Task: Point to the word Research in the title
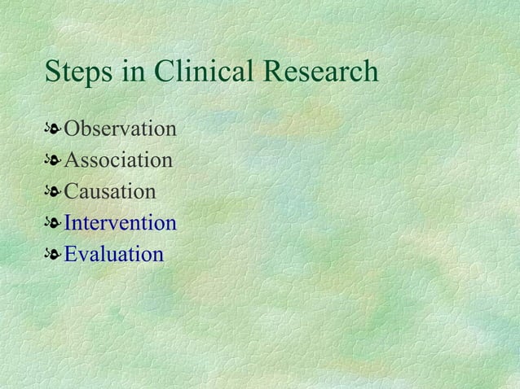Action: tap(321, 72)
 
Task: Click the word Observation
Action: tap(120, 129)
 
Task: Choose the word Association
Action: tap(118, 160)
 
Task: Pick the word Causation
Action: tap(109, 192)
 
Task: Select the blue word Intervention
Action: tap(120, 223)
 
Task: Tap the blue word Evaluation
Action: tap(113, 255)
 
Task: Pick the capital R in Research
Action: tap(276, 72)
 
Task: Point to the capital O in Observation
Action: tap(72, 129)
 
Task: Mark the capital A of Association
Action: tap(72, 160)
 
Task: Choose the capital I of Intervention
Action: tap(68, 223)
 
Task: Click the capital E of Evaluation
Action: tap(71, 255)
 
